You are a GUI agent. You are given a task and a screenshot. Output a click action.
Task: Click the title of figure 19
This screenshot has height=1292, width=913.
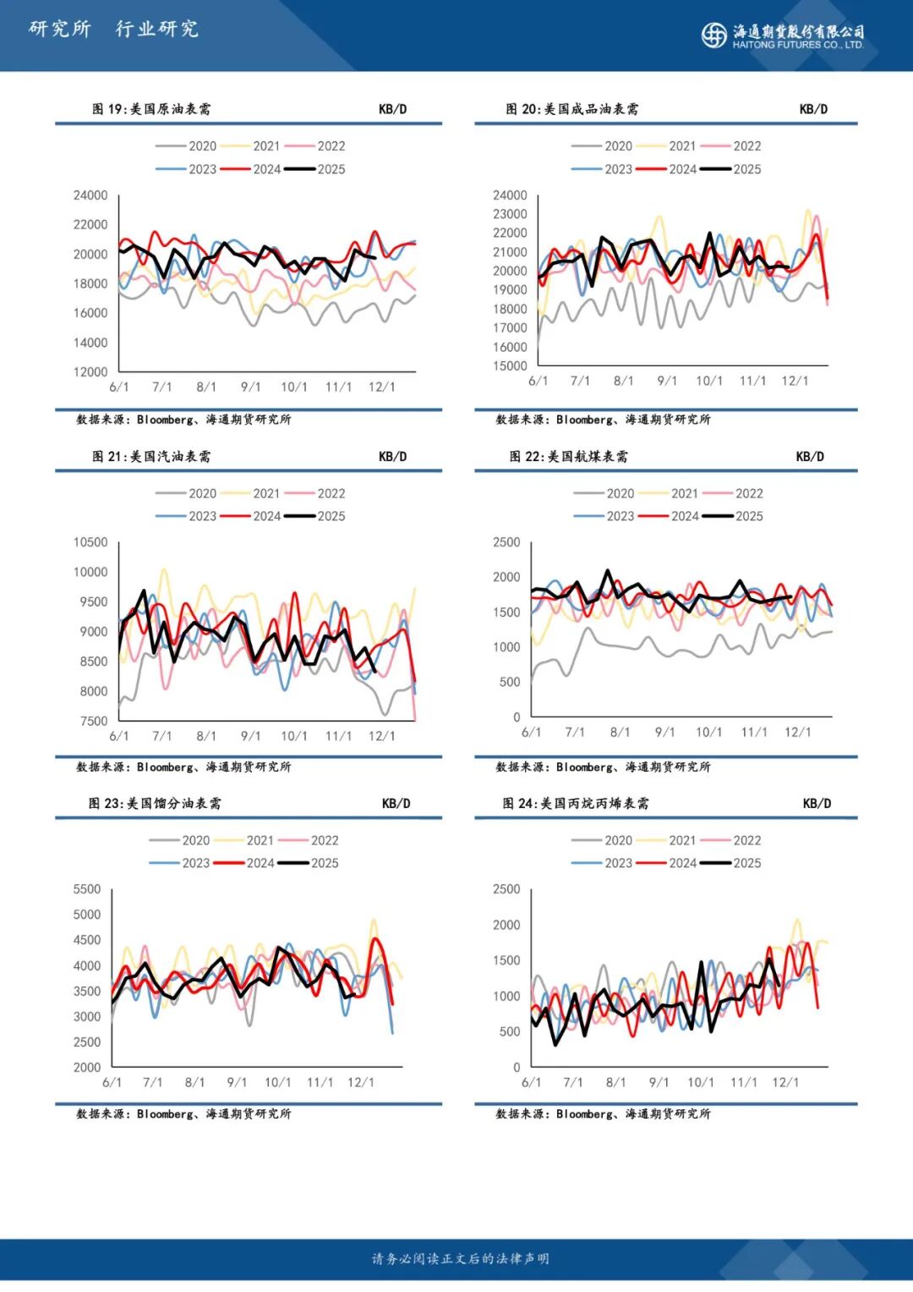click(151, 109)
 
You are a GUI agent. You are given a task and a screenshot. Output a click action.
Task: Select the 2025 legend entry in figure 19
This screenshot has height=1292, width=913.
click(315, 169)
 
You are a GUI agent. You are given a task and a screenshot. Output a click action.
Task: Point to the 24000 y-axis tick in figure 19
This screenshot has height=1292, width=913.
click(90, 195)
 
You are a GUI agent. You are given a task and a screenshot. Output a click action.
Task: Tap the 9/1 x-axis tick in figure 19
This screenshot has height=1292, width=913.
click(250, 387)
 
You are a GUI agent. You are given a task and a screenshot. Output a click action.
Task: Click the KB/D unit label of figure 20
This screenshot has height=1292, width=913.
click(813, 109)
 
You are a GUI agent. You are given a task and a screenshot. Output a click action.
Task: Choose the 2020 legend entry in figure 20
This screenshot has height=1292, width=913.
click(603, 146)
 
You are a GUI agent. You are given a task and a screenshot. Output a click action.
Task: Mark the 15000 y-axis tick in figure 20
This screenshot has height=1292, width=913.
click(510, 366)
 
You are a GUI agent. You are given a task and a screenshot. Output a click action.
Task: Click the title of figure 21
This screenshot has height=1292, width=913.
click(151, 457)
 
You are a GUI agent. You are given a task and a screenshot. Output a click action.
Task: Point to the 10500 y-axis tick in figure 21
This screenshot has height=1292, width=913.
click(90, 542)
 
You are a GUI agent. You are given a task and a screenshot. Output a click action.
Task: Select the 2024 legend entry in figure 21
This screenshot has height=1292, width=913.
click(251, 516)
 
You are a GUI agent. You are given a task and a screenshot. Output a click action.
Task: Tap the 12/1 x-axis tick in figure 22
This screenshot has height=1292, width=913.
click(797, 732)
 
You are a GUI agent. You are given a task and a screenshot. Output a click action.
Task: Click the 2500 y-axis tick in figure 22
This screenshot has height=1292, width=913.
click(506, 542)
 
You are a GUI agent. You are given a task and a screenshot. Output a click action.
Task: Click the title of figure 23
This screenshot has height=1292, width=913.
click(155, 804)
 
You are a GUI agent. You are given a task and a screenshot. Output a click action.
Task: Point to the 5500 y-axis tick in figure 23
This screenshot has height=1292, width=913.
click(87, 889)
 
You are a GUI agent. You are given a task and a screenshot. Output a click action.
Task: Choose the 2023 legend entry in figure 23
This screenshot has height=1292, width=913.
click(180, 863)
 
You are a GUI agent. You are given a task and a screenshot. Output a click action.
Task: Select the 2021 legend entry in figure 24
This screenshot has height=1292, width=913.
click(667, 840)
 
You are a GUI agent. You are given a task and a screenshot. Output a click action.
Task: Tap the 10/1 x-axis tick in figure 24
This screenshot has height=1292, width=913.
click(700, 1082)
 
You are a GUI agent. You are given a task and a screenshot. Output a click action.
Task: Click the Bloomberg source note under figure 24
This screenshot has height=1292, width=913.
click(603, 1114)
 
